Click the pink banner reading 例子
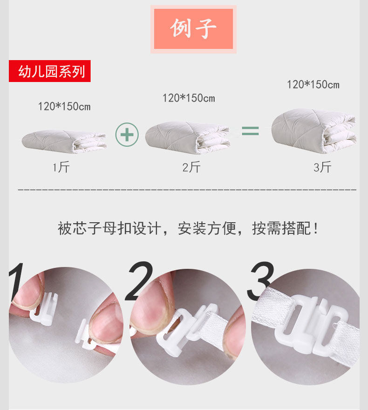[x=193, y=29]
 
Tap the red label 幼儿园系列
[x=50, y=71]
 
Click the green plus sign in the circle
[x=127, y=135]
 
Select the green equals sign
[x=250, y=131]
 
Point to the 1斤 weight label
[x=61, y=167]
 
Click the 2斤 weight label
[x=191, y=167]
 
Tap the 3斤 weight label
[x=322, y=167]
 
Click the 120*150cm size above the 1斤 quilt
[x=64, y=106]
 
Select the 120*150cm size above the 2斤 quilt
[x=189, y=98]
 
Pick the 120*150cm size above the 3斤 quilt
[x=313, y=84]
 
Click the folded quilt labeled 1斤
[x=64, y=142]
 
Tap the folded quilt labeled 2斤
[x=188, y=137]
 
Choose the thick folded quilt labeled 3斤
[x=314, y=131]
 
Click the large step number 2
[x=139, y=281]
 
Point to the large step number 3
[x=260, y=281]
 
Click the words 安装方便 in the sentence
[x=207, y=228]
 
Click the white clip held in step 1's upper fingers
[x=44, y=309]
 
